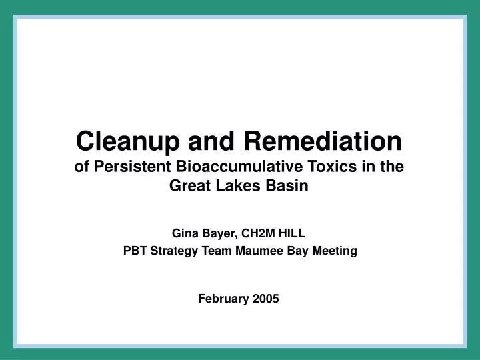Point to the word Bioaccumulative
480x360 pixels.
point(229,168)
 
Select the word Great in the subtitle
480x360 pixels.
point(190,187)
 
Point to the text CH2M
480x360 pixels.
point(259,233)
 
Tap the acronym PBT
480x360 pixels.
point(136,251)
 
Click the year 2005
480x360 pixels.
point(267,299)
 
